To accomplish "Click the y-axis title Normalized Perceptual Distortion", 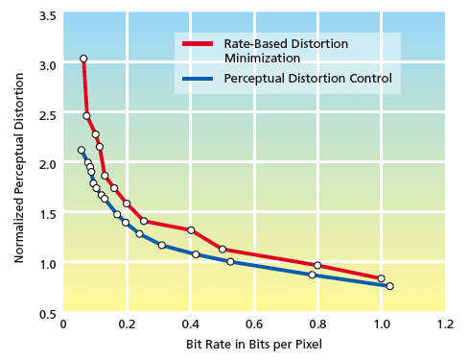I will click(x=19, y=163).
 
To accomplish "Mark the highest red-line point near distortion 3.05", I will click(x=83, y=59).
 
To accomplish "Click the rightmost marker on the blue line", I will click(x=389, y=286).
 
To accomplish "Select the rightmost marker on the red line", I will click(x=381, y=279).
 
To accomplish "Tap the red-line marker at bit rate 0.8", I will click(x=317, y=266).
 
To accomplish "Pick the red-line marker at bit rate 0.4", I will click(x=191, y=230).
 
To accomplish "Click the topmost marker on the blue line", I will click(x=82, y=150).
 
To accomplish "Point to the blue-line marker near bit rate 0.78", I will click(x=312, y=275).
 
